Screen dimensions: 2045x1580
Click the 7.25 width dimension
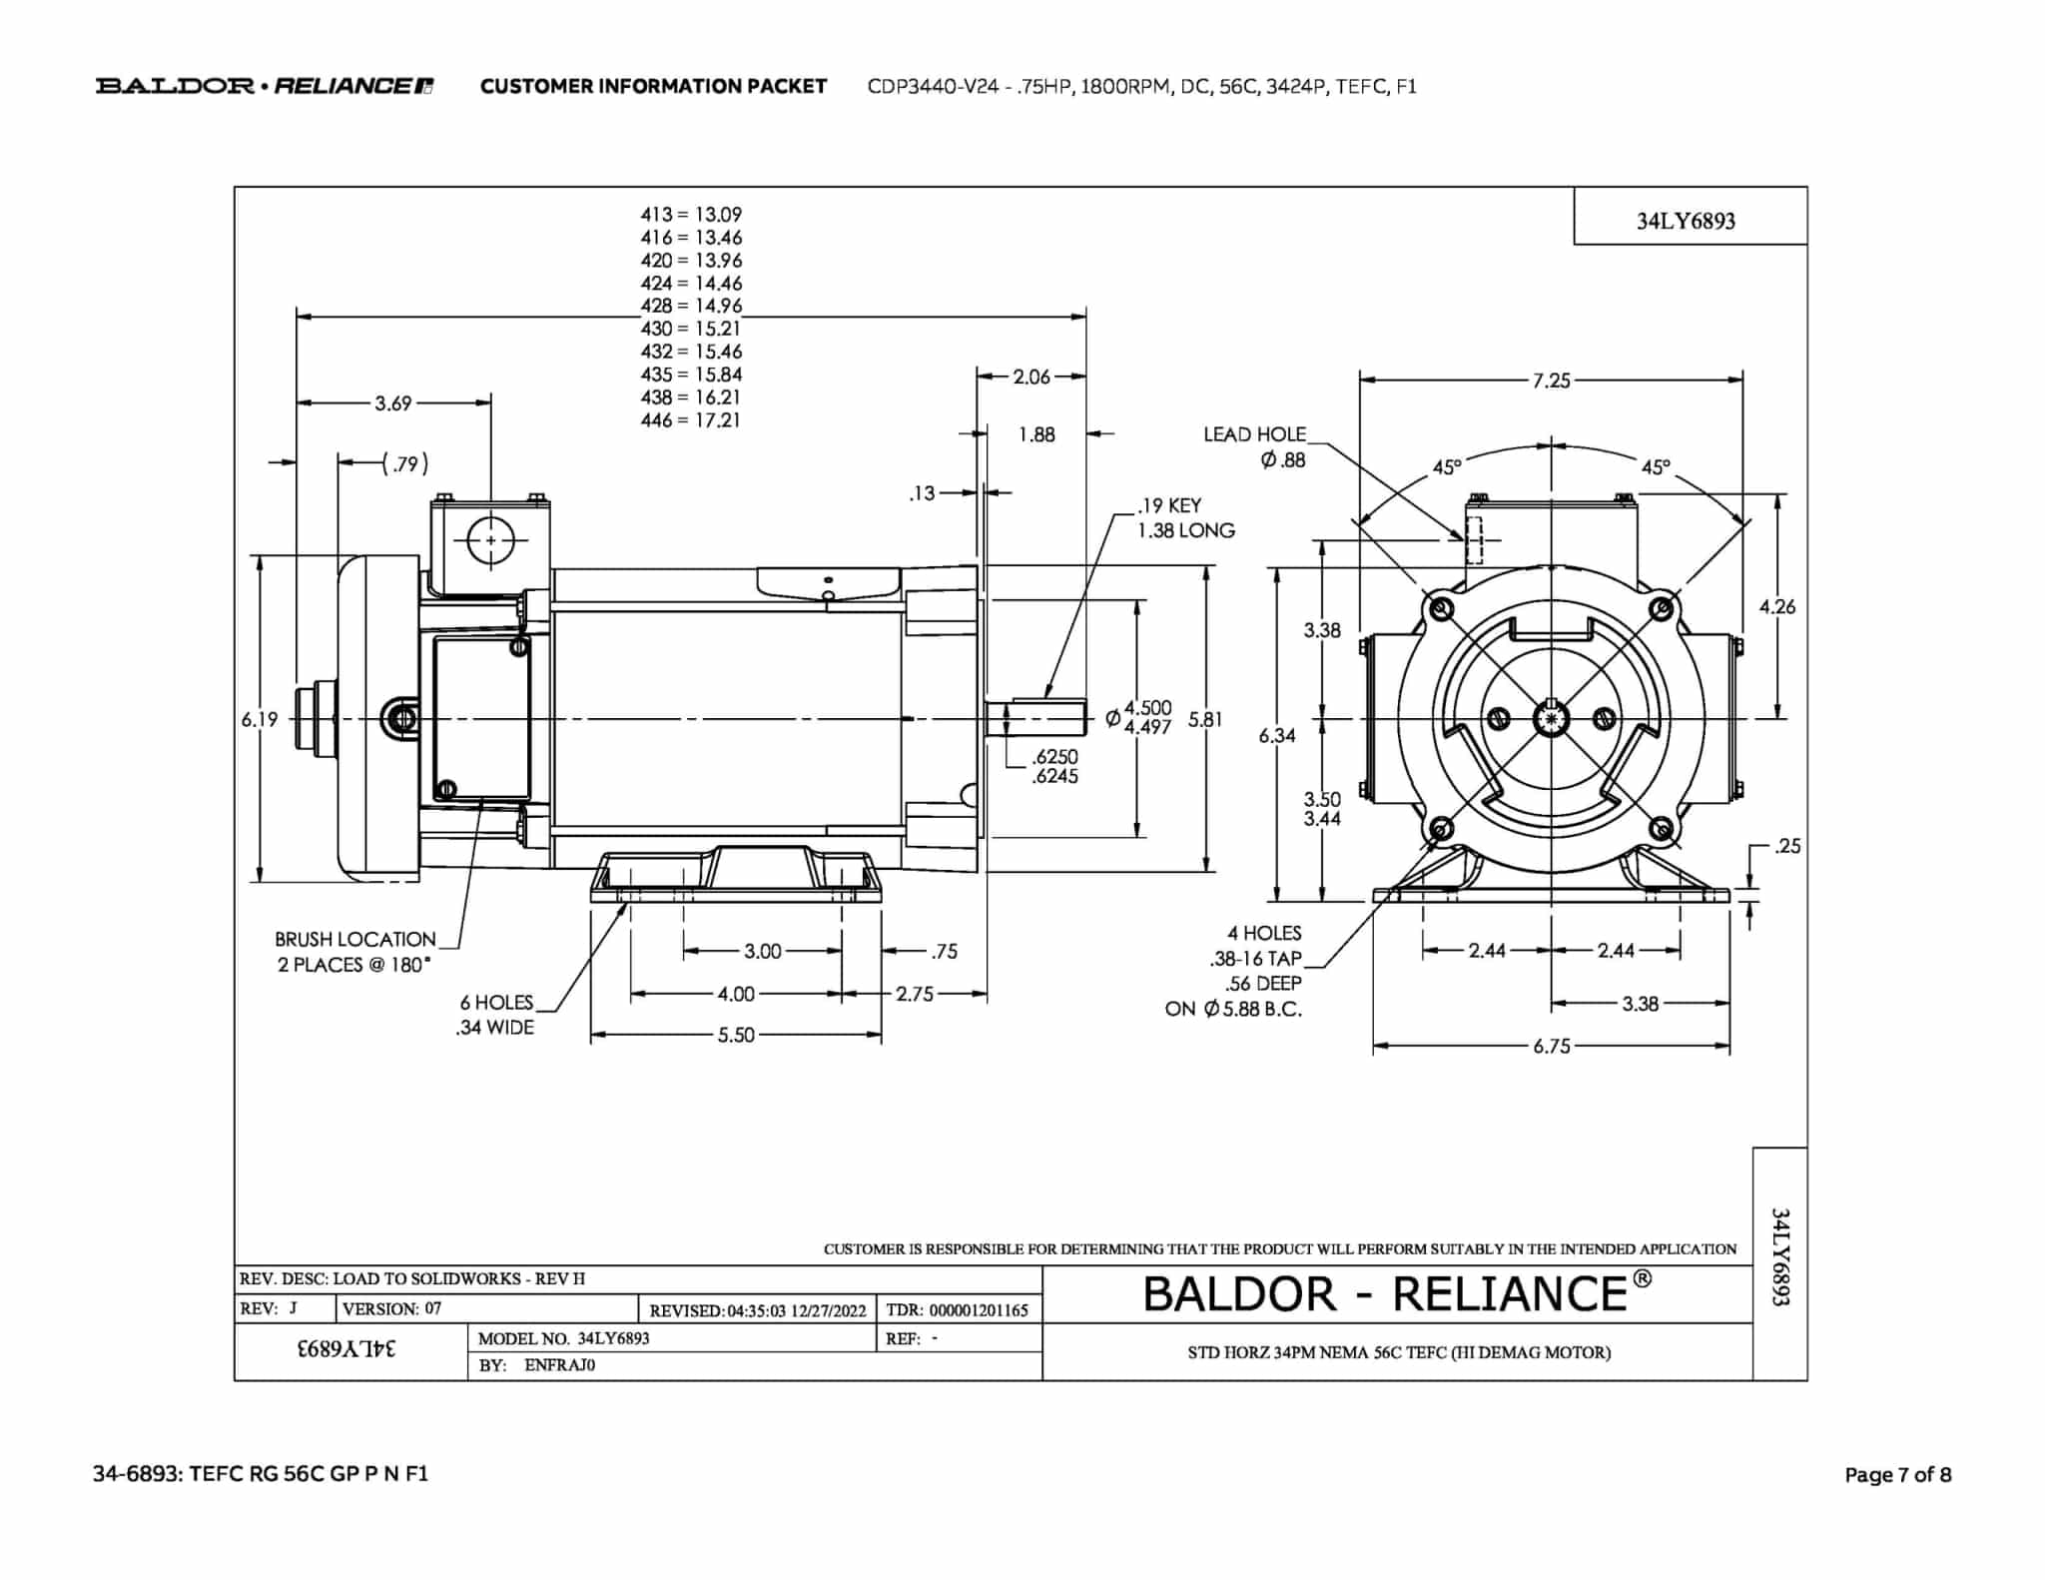[x=1551, y=381]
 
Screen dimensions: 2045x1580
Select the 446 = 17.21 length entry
[x=691, y=420]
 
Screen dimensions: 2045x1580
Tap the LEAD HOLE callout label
[x=1254, y=434]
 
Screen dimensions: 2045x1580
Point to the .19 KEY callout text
[x=1169, y=505]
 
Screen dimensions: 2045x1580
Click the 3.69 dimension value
[x=393, y=403]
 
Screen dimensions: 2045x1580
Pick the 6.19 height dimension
[x=259, y=719]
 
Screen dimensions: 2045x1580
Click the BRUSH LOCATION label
[x=355, y=940]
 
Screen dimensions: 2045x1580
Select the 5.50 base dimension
[x=736, y=1036]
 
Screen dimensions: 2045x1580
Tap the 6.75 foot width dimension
[x=1552, y=1047]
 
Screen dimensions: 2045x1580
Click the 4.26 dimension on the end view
[x=1776, y=606]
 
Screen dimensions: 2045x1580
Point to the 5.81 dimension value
[x=1205, y=719]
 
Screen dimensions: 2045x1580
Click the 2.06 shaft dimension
[x=1031, y=377]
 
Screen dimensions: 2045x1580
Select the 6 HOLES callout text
[x=496, y=1003]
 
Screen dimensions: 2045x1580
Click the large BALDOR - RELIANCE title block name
[x=1397, y=1293]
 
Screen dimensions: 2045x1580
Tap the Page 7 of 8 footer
[x=1897, y=1475]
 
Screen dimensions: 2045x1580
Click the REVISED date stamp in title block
[x=758, y=1310]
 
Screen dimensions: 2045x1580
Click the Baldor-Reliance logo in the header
[x=265, y=86]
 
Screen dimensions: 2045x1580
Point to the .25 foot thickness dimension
[x=1787, y=847]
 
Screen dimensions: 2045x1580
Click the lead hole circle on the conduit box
[x=490, y=541]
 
